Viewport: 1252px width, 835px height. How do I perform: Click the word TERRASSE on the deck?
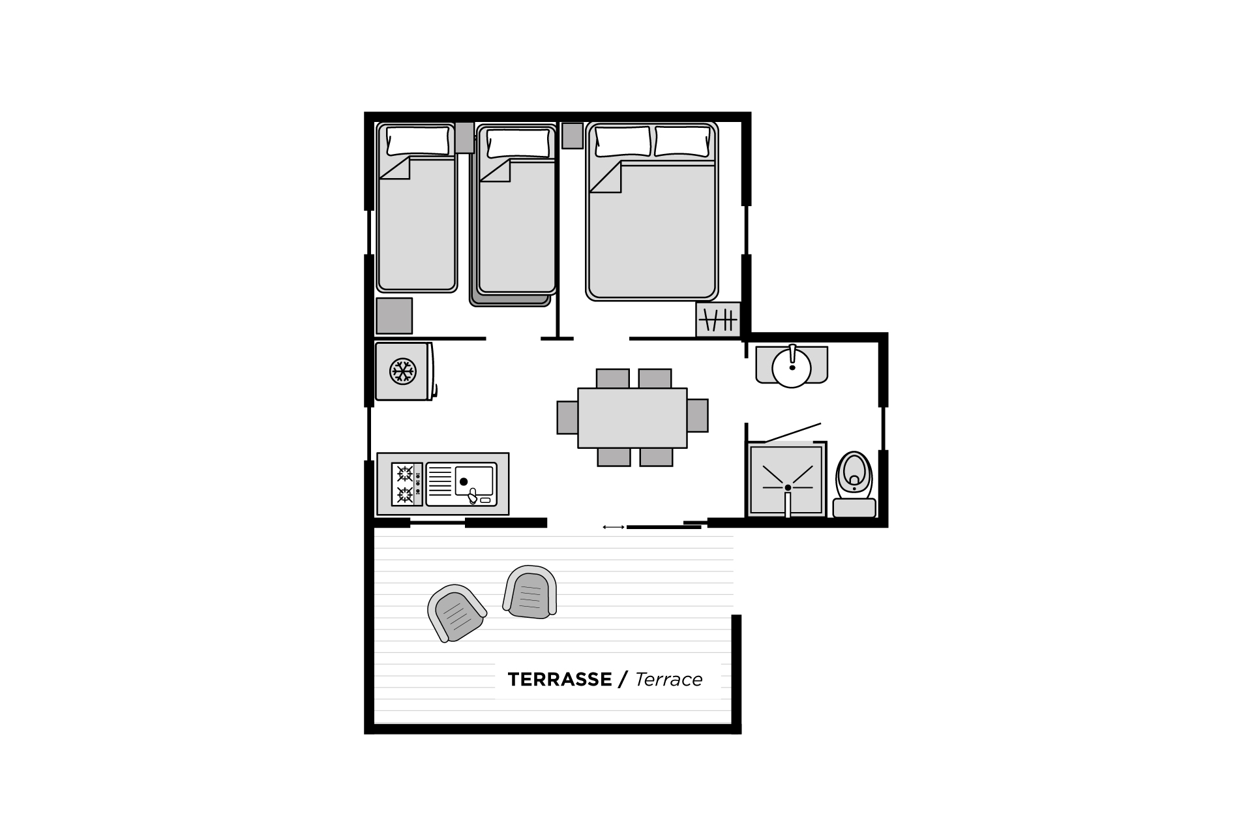click(559, 680)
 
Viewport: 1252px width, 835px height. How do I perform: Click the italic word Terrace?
click(668, 680)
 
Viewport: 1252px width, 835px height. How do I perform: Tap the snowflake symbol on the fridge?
click(402, 371)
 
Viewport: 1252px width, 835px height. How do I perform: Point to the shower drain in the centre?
click(788, 487)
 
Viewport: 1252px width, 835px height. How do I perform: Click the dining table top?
click(633, 418)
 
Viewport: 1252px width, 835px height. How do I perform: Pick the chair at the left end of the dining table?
click(567, 417)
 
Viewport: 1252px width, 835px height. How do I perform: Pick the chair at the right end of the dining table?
click(697, 416)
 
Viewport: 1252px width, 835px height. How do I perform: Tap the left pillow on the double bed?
click(623, 142)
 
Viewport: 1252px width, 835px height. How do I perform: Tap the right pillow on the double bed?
click(682, 142)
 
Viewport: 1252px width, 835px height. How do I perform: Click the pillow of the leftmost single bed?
click(418, 141)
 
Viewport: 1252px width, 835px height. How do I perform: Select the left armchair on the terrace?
click(456, 613)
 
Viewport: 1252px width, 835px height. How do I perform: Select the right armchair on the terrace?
click(530, 592)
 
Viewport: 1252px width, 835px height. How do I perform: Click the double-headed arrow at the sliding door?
click(614, 527)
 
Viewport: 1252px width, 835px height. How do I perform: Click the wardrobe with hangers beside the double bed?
click(718, 320)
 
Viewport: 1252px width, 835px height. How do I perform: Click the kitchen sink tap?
click(472, 498)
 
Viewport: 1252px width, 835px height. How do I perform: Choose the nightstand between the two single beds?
click(464, 137)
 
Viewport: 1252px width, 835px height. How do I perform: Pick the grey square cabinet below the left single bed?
click(395, 316)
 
